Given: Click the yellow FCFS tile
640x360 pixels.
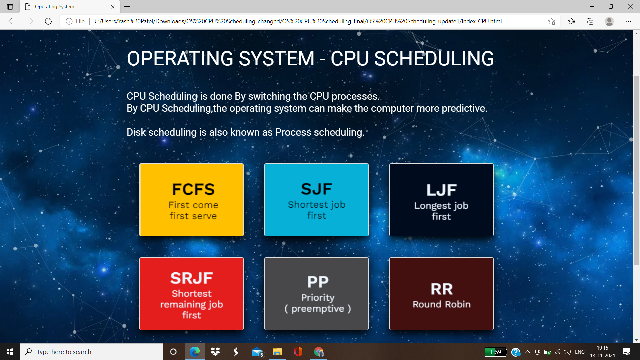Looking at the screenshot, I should [191, 200].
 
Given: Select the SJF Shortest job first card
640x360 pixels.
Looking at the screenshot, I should [316, 200].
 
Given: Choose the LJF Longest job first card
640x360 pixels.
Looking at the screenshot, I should [441, 200].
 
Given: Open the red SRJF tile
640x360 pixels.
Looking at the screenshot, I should [191, 294].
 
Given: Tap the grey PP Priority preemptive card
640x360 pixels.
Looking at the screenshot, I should [316, 294].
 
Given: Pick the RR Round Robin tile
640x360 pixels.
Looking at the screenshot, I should [441, 294].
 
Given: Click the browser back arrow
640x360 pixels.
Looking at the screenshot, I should [12, 21].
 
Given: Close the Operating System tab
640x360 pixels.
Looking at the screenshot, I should [113, 7].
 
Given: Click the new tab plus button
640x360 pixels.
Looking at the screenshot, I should [127, 7].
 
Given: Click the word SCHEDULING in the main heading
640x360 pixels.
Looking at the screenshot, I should [434, 59].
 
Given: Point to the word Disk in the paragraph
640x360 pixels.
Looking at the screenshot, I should [136, 132].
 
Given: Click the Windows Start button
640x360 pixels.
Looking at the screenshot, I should [10, 352].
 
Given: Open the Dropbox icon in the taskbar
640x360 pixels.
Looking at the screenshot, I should [215, 352].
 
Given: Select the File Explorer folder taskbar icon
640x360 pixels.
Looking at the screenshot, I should [277, 352].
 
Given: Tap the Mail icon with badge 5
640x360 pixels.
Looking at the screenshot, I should [257, 352].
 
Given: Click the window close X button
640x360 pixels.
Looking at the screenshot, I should [630, 7].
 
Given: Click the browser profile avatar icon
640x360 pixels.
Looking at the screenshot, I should [609, 21].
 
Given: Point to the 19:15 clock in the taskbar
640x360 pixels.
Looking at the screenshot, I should [602, 348].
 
